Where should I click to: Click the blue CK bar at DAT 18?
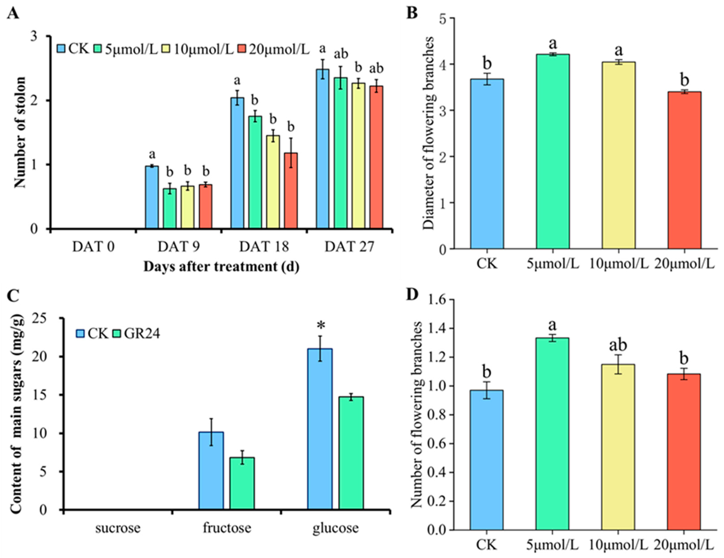coord(237,163)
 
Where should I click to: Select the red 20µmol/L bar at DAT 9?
coord(206,207)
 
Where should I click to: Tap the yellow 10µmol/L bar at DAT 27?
coord(359,156)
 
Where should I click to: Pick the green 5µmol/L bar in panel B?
coord(553,151)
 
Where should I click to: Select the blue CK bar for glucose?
coord(320,429)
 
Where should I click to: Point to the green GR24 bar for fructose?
coord(242,483)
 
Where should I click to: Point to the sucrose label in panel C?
coord(118,528)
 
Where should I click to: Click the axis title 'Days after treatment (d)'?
coord(222,267)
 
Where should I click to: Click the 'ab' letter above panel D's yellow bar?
coord(618,345)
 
